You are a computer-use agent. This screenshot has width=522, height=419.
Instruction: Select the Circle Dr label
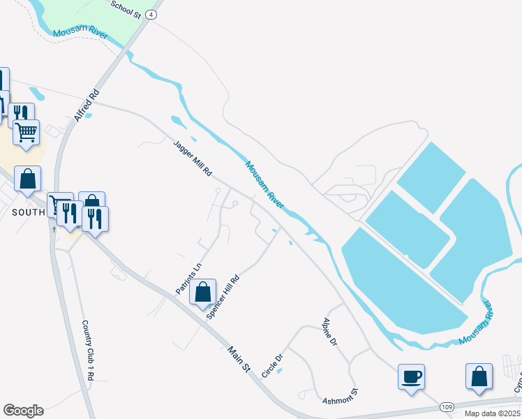(x=272, y=366)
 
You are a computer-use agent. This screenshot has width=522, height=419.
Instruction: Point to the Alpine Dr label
(x=330, y=332)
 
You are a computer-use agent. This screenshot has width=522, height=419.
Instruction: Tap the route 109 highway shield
(x=447, y=407)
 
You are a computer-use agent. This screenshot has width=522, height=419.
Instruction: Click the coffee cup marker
(x=411, y=377)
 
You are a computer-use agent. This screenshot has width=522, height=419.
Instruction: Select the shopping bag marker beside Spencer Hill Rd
(x=202, y=292)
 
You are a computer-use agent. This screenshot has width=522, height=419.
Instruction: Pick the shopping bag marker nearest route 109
(x=479, y=376)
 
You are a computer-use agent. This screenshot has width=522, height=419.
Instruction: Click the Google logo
(x=23, y=411)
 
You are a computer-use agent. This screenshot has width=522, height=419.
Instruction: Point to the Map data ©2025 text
(x=493, y=413)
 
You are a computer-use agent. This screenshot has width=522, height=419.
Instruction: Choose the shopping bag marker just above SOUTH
(x=27, y=179)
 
